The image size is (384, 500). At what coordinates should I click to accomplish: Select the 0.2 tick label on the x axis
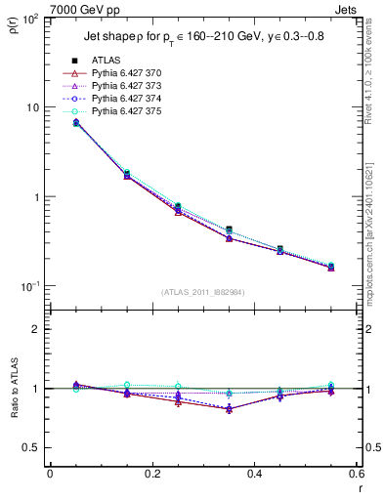coord(151,474)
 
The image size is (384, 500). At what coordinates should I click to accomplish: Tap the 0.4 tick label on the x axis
coord(254,474)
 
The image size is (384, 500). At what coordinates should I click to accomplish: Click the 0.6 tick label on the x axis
coord(356,474)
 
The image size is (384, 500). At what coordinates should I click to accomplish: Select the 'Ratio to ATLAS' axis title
coord(11,388)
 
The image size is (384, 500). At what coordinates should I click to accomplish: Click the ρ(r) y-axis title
coord(11,26)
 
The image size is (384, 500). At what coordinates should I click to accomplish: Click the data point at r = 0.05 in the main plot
coord(75,123)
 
